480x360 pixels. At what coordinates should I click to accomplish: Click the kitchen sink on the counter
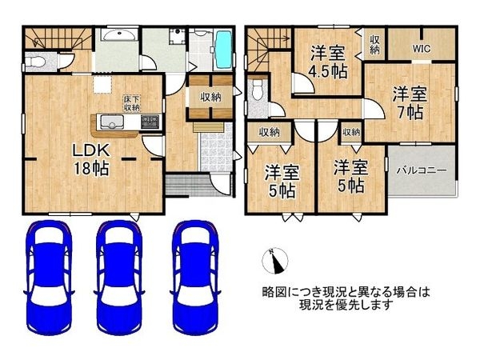coord(110,122)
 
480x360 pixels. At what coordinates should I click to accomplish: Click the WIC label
coord(422,48)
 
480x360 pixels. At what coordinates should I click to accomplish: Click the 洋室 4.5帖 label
coord(328,62)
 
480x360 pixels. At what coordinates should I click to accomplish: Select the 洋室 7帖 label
coord(410,102)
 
